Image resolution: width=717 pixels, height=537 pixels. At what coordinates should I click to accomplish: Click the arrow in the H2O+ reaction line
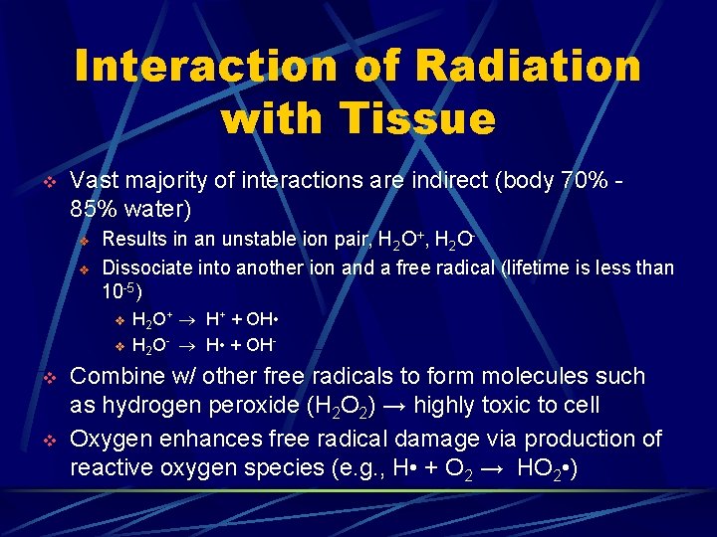click(x=189, y=320)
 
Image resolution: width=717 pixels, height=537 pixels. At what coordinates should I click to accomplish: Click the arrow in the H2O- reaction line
click(x=189, y=346)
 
